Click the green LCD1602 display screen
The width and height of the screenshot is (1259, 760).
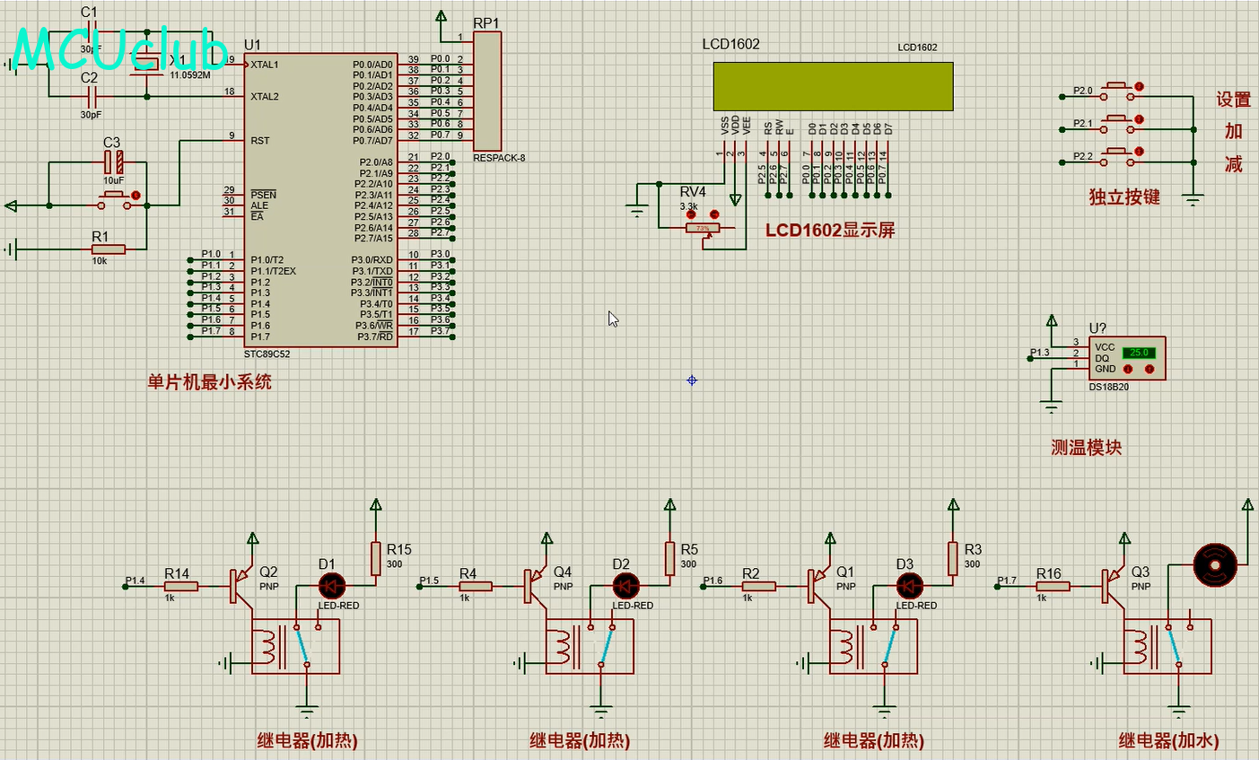click(833, 86)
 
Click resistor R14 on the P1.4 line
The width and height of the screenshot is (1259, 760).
click(181, 586)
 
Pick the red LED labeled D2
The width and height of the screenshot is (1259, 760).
click(626, 586)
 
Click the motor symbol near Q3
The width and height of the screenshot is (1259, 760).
click(1215, 565)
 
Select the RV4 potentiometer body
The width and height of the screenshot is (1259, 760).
click(702, 229)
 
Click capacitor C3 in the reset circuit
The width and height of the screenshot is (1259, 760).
click(114, 162)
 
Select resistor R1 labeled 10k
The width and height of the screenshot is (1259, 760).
click(108, 249)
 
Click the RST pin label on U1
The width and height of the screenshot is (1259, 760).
click(260, 141)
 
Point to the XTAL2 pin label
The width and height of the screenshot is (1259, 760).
click(265, 97)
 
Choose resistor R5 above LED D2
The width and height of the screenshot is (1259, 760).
click(669, 558)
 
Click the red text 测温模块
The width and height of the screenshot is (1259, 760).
click(1086, 447)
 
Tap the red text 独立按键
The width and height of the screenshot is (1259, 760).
click(1123, 197)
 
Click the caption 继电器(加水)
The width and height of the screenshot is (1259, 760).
click(1167, 740)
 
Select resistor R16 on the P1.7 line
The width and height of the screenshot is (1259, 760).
click(1054, 586)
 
